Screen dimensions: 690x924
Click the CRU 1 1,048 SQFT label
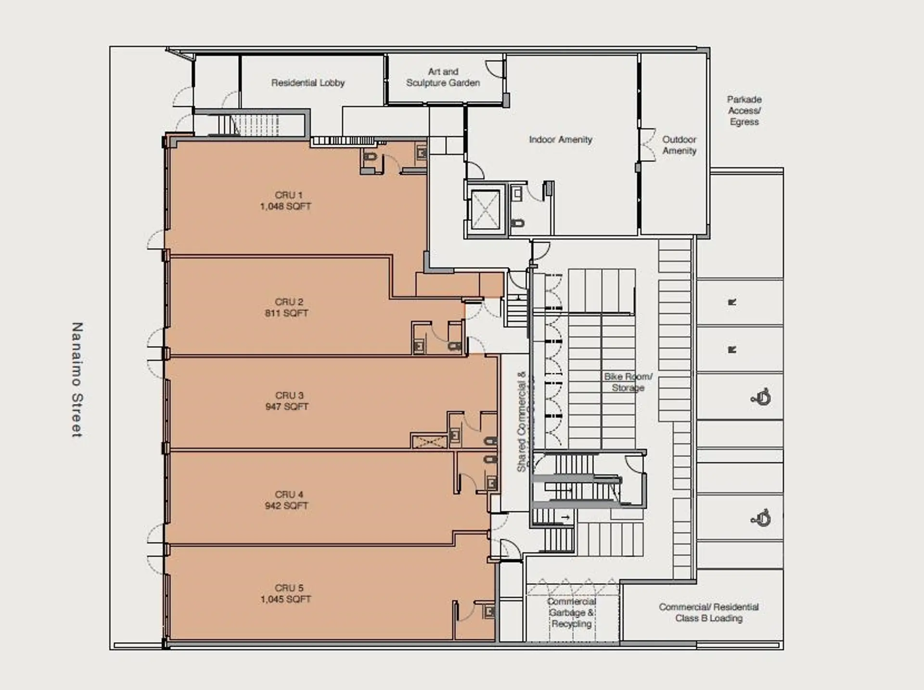pos(286,201)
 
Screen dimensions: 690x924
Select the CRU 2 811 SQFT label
pos(287,307)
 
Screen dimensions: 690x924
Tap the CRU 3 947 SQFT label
pos(288,401)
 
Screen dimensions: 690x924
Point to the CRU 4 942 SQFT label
pos(287,500)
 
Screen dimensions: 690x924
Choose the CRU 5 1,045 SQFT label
pos(287,593)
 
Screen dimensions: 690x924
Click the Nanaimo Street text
pos(77,380)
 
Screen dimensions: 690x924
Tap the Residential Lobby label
pos(308,83)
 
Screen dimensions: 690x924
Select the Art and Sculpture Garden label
pos(443,77)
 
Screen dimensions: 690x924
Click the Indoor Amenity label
pos(560,140)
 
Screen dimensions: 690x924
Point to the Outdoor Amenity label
pos(679,145)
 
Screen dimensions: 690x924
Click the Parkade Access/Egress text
pos(744,111)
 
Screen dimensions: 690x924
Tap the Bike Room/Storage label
pos(628,382)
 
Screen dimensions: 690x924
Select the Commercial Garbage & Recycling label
pos(571,613)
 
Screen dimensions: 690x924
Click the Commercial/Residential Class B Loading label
pos(708,613)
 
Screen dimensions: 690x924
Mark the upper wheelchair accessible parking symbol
pos(761,397)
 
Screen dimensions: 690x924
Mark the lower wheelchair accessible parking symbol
pos(761,518)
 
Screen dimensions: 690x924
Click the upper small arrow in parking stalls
pos(732,302)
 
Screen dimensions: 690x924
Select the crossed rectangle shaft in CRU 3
pos(429,441)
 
